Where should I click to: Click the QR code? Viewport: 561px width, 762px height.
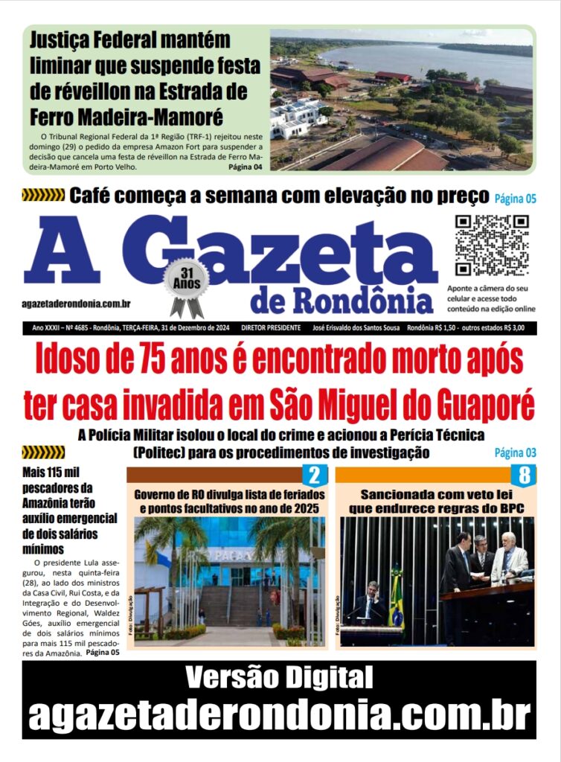click(x=491, y=246)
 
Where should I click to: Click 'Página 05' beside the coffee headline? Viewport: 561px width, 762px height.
click(x=513, y=197)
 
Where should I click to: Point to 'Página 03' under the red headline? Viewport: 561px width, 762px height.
click(x=515, y=452)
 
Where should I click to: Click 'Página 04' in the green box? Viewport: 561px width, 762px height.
click(x=245, y=167)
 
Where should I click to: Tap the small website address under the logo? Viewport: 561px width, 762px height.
click(x=77, y=304)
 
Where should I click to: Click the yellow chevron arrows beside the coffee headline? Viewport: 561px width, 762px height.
click(x=43, y=196)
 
